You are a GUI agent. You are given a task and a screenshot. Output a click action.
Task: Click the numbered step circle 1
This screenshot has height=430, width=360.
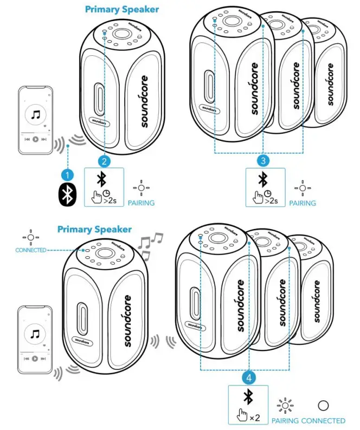coord(67,175)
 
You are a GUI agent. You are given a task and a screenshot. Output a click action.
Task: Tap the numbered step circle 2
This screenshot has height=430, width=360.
coord(105,161)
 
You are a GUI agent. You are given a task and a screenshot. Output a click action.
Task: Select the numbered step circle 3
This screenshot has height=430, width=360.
coord(263,161)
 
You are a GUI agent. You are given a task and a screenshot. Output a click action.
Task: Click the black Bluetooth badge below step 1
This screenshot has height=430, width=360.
coord(67,196)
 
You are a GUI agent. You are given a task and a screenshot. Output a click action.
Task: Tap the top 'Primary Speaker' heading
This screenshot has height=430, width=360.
coord(123,9)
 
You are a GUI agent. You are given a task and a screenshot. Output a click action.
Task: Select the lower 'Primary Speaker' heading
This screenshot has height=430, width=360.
coord(94,229)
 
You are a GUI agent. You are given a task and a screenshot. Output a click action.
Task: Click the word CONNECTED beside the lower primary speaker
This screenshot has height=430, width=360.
coord(31,250)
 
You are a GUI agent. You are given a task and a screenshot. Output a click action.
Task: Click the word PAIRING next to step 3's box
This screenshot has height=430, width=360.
coord(303,203)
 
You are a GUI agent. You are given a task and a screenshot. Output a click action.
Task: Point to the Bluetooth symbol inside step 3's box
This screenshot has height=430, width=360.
coord(263,179)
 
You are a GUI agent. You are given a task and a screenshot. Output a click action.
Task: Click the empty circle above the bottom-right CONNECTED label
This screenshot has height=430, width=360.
coord(323,405)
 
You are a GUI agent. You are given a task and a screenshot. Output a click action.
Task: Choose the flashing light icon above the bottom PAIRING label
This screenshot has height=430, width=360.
coord(285,405)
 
